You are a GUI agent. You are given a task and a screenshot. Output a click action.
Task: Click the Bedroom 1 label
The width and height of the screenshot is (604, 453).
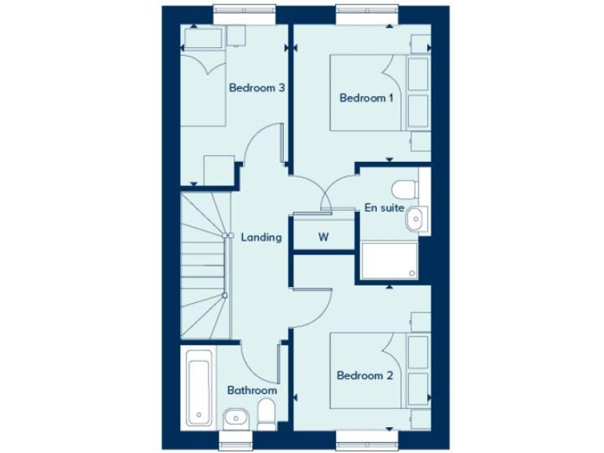tap(365, 98)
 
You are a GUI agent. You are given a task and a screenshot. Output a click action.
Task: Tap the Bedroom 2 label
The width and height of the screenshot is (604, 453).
tap(364, 376)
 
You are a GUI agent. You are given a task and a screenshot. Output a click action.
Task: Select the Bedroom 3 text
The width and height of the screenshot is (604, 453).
tap(256, 88)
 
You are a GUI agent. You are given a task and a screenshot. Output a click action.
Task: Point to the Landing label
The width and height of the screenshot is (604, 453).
tap(261, 237)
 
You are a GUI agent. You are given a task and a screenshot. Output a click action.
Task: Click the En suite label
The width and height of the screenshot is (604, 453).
tap(385, 208)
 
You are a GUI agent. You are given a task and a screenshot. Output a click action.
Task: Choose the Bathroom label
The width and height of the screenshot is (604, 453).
tap(252, 390)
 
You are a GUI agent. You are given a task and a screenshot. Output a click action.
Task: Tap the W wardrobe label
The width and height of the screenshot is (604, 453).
tap(322, 237)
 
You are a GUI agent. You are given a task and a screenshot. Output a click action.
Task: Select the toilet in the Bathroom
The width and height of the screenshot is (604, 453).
tap(266, 412)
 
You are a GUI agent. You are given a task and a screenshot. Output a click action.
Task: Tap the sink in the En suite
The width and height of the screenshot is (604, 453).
tap(417, 219)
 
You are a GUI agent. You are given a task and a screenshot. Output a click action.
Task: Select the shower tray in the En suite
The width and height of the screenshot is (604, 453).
tap(389, 260)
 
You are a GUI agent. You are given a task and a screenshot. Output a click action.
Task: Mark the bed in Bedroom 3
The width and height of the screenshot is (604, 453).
tap(203, 87)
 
